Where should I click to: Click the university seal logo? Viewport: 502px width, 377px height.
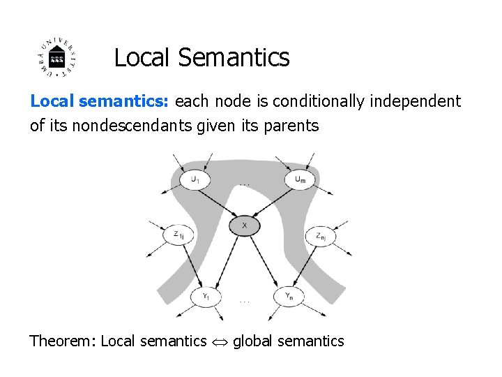point(58,57)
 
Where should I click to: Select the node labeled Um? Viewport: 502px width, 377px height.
point(299,179)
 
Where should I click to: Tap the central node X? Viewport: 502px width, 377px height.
point(245,226)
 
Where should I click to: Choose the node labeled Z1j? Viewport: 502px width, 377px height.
point(177,235)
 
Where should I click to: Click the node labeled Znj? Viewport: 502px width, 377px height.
point(320,235)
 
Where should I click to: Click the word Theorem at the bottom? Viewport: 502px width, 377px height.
point(62,341)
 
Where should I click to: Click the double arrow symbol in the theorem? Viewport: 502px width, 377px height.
point(220,341)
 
